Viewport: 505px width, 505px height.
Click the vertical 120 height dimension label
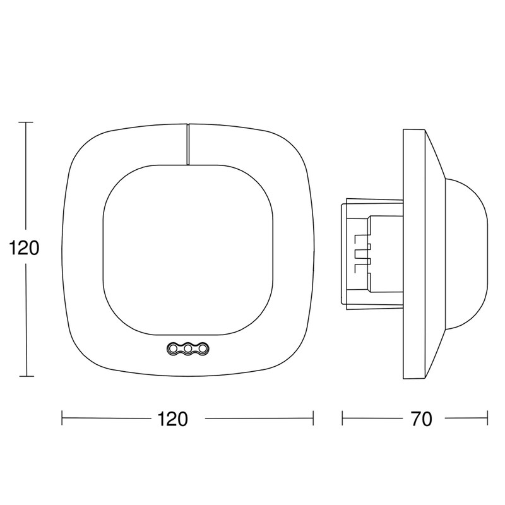pyautogui.click(x=24, y=248)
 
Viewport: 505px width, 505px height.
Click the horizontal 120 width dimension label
pyautogui.click(x=172, y=419)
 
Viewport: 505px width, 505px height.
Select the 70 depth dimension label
pyautogui.click(x=421, y=419)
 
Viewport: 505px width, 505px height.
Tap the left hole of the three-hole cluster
pyautogui.click(x=172, y=348)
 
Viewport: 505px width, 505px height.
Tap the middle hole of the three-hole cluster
pyautogui.click(x=187, y=348)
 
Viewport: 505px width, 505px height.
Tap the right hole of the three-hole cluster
pyautogui.click(x=203, y=348)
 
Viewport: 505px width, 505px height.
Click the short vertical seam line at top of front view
pyautogui.click(x=187, y=144)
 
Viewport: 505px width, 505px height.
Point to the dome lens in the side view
pyautogui.click(x=466, y=254)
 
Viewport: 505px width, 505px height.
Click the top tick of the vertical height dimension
pyautogui.click(x=26, y=122)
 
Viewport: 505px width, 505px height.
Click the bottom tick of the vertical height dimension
pyautogui.click(x=26, y=376)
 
